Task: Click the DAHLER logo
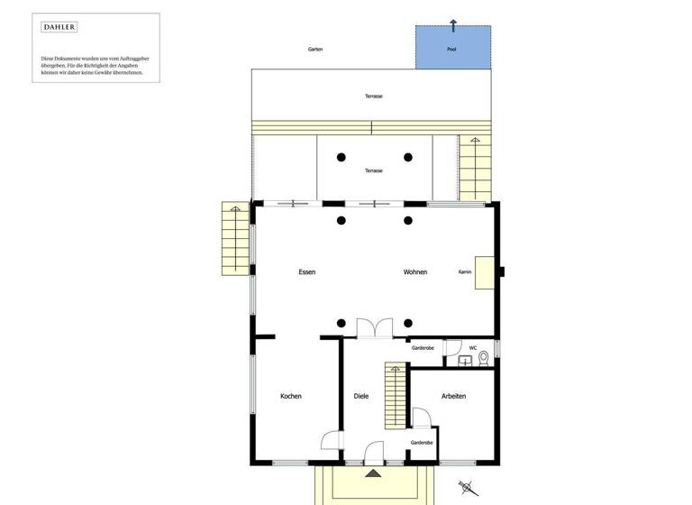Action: click(x=59, y=28)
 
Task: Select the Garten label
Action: click(x=314, y=50)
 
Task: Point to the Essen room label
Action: click(x=307, y=271)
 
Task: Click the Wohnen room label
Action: click(x=415, y=271)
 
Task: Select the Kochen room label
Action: click(x=291, y=396)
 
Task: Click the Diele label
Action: click(x=361, y=396)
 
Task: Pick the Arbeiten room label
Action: click(x=454, y=396)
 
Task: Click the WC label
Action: click(x=473, y=347)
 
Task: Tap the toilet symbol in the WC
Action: click(x=484, y=358)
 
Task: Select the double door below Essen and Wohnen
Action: click(x=374, y=328)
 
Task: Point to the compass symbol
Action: click(x=465, y=486)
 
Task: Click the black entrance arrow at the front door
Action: click(x=373, y=472)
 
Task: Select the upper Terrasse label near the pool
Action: click(x=374, y=96)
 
